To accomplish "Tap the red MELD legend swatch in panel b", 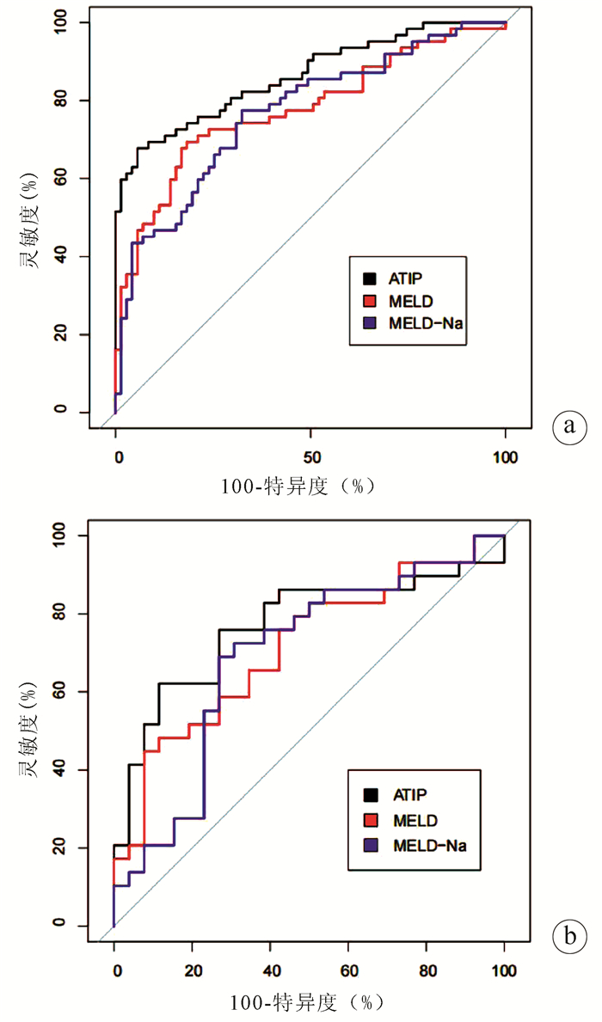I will tap(372, 819).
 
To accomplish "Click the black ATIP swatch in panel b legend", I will tap(372, 793).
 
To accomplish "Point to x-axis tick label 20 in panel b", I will tap(193, 970).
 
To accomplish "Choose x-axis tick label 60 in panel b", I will tap(348, 970).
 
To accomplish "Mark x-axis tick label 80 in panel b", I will tap(427, 970).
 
